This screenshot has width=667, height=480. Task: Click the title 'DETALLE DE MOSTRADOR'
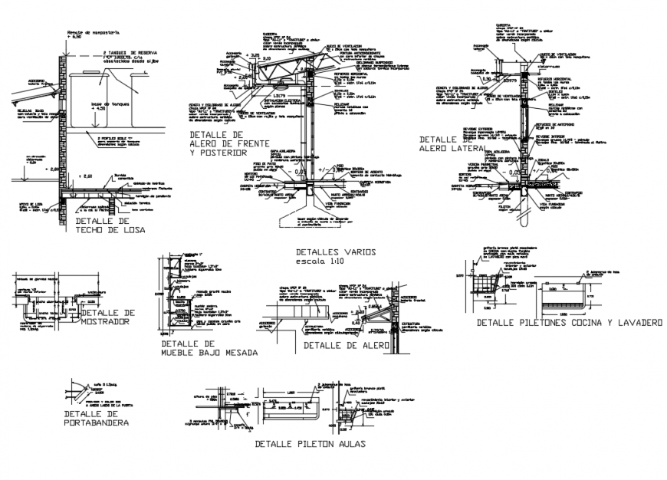[x=107, y=317]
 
